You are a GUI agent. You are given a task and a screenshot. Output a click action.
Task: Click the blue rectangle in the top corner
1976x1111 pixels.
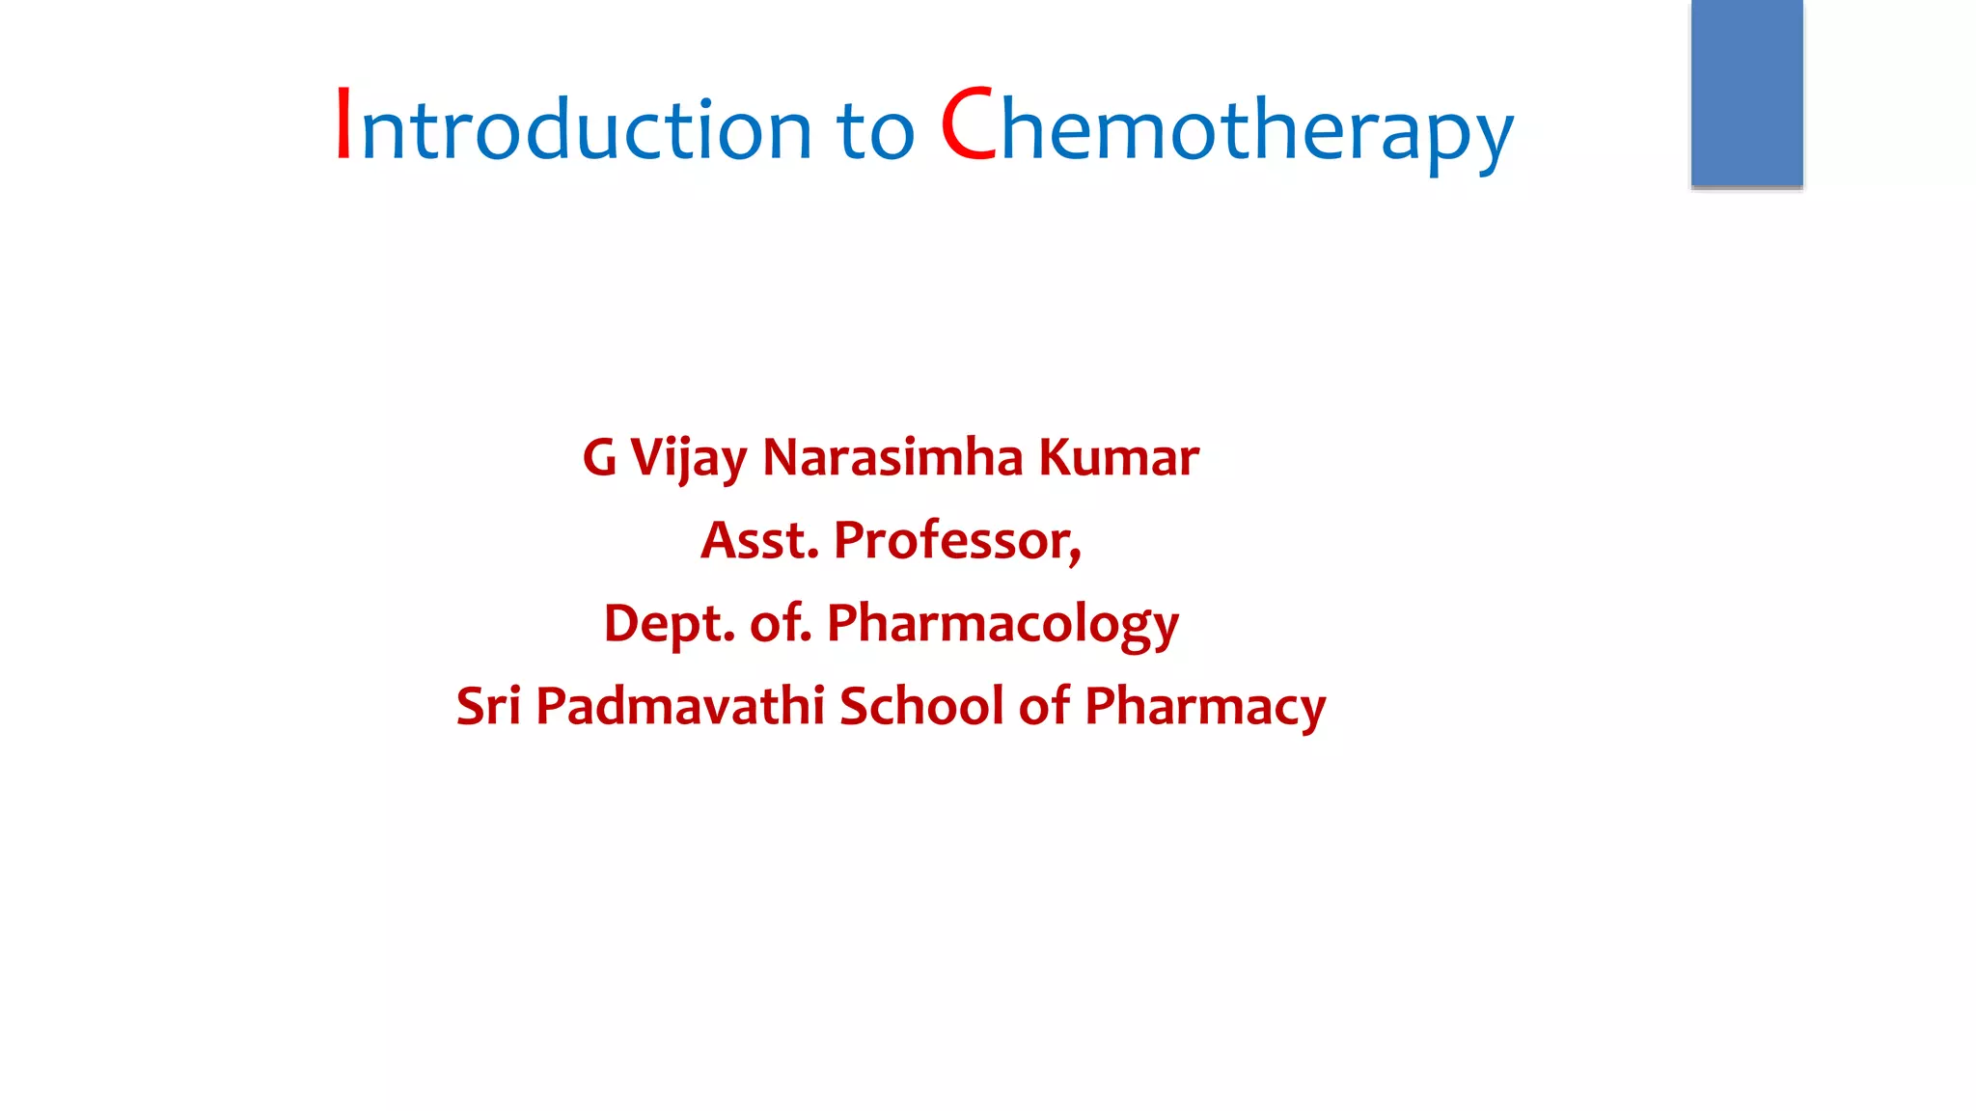point(1746,93)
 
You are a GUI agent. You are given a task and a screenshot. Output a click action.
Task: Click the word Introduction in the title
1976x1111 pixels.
point(573,128)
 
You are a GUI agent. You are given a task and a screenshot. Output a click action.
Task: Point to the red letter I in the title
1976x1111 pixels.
point(343,123)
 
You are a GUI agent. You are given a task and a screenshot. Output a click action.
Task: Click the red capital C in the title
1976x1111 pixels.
point(968,125)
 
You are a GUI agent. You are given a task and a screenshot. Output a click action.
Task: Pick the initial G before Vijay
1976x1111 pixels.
point(599,457)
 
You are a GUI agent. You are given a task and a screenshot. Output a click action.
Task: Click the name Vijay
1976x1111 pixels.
point(688,459)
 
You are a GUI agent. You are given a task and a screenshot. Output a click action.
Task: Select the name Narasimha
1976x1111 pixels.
point(892,457)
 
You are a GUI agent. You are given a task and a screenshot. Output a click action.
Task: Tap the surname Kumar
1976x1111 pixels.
point(1118,457)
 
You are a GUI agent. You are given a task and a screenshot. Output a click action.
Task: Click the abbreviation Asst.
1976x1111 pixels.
point(759,540)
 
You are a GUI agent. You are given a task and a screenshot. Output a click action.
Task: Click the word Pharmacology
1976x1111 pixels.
point(1002,624)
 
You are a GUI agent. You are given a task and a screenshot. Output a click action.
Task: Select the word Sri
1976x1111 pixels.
point(488,706)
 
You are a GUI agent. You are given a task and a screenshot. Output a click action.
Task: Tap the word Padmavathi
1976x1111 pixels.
point(679,706)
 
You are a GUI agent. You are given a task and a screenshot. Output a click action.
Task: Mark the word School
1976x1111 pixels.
point(921,706)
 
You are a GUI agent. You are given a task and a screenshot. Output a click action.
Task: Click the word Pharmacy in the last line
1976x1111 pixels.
point(1205,706)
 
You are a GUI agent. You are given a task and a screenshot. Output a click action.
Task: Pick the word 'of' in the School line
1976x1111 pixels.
point(1044,706)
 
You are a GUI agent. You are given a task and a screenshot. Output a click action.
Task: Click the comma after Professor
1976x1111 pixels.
point(1076,555)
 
